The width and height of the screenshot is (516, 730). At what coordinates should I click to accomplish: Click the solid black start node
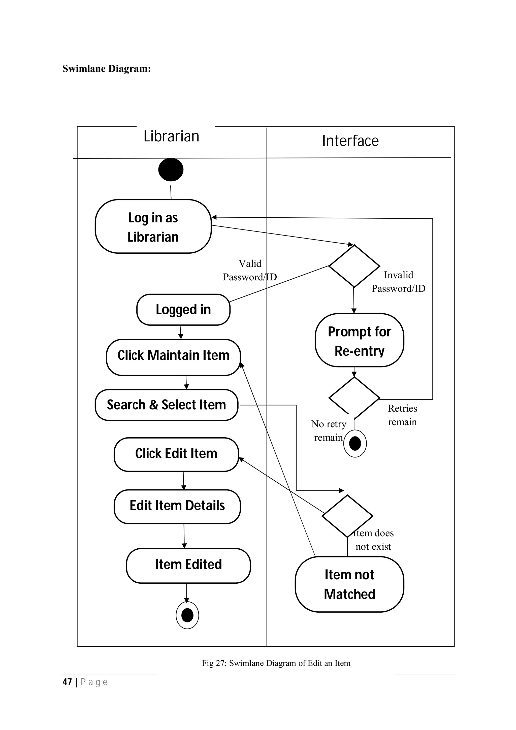pyautogui.click(x=171, y=170)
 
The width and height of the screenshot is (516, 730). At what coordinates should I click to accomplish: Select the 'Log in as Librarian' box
pyautogui.click(x=153, y=227)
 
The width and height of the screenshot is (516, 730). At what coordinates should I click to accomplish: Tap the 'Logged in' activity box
pyautogui.click(x=183, y=309)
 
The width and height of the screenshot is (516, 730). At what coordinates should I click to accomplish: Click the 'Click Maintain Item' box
pyautogui.click(x=173, y=357)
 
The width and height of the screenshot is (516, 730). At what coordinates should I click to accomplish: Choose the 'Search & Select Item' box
pyautogui.click(x=166, y=405)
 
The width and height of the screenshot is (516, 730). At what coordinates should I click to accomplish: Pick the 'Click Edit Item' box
pyautogui.click(x=176, y=454)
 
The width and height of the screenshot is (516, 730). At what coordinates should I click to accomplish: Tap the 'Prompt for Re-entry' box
pyautogui.click(x=359, y=340)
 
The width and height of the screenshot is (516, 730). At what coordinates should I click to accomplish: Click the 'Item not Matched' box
pyautogui.click(x=349, y=584)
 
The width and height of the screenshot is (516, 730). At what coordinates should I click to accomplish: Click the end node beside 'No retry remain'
pyautogui.click(x=355, y=443)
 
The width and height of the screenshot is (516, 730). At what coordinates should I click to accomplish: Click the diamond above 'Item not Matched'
pyautogui.click(x=347, y=516)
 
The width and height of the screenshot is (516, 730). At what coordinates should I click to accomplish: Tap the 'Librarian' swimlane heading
pyautogui.click(x=171, y=136)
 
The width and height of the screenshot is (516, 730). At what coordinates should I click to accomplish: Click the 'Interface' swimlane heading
pyautogui.click(x=350, y=141)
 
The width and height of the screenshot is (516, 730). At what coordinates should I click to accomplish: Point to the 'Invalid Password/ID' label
pyautogui.click(x=398, y=282)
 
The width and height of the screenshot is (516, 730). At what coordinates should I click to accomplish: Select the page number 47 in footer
pyautogui.click(x=67, y=682)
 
